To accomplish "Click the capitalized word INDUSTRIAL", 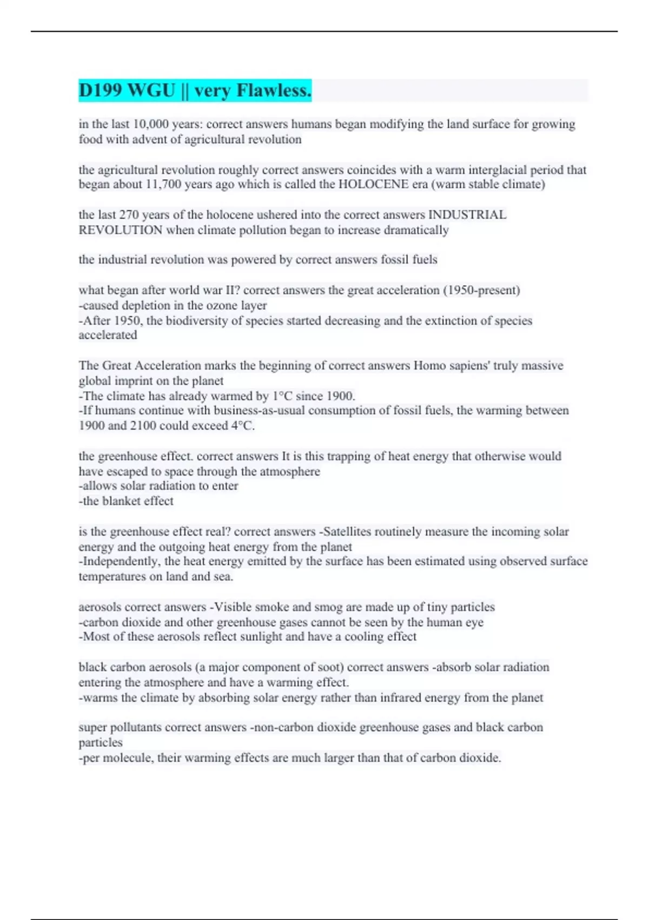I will [467, 215].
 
